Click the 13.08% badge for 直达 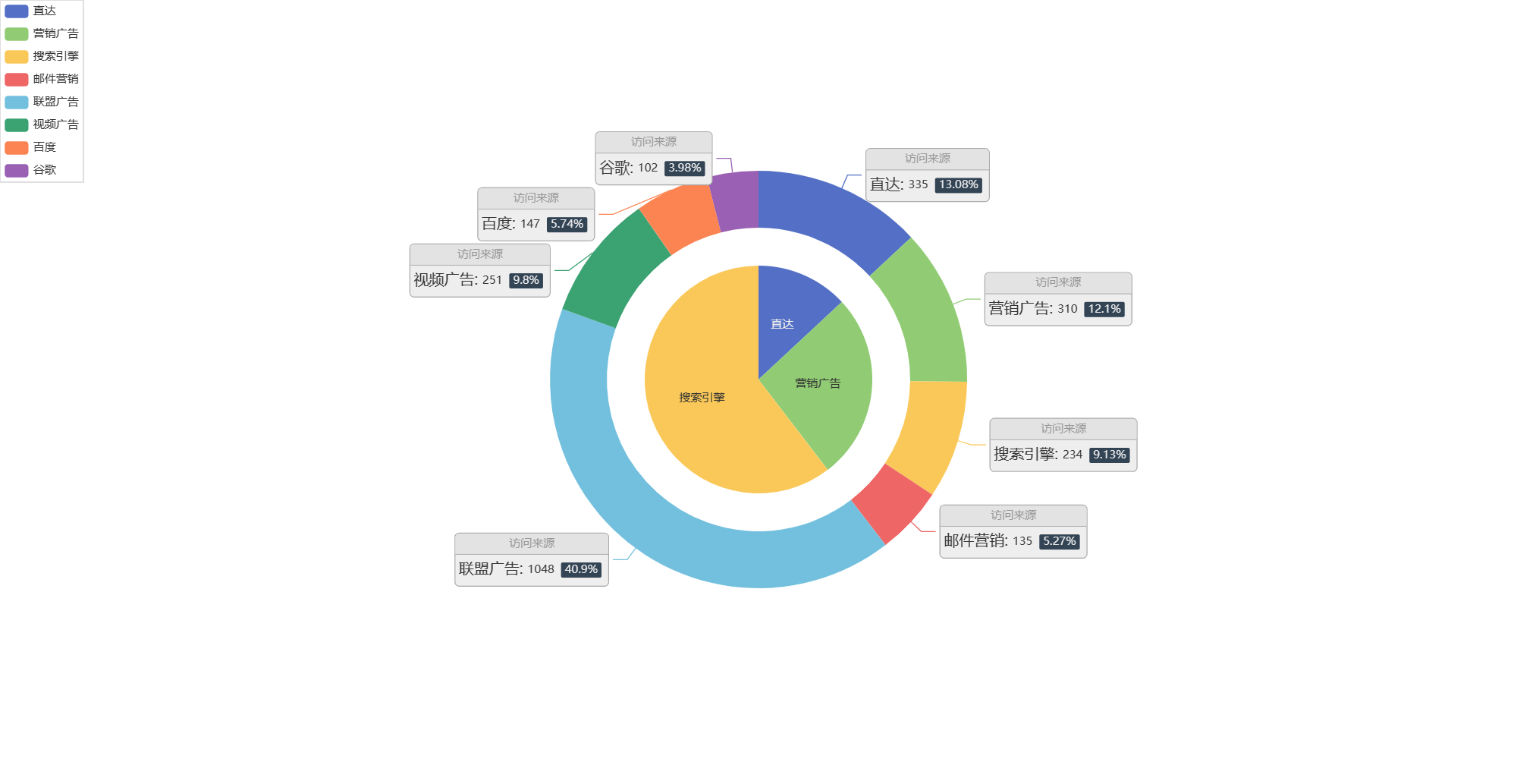958,184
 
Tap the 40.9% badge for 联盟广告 581,569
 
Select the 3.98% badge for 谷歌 684,168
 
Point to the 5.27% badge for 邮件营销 1059,541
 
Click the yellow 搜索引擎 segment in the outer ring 929,433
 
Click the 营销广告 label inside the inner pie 818,383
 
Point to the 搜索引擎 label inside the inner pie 702,397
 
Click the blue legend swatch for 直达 17,11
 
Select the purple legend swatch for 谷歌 17,170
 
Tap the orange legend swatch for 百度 17,147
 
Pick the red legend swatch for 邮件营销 17,79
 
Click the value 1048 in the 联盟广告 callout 541,569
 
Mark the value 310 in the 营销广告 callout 1067,309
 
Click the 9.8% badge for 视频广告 526,280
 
